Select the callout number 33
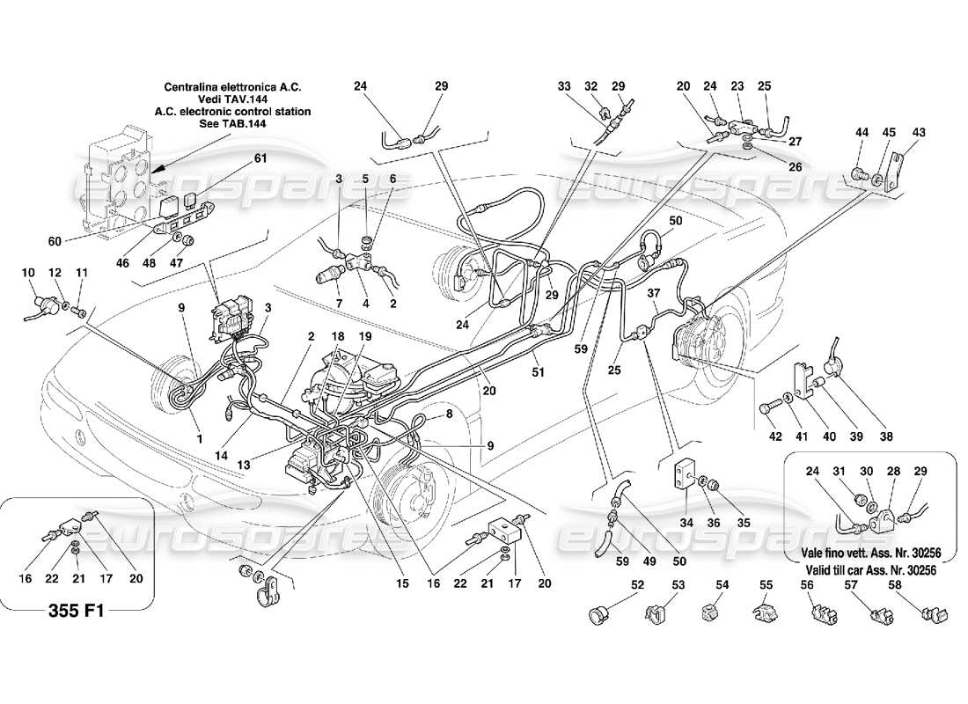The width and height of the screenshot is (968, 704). [x=564, y=86]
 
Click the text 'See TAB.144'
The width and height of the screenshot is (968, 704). [x=234, y=124]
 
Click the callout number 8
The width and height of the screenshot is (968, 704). [x=450, y=414]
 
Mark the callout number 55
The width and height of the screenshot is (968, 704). [x=766, y=585]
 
